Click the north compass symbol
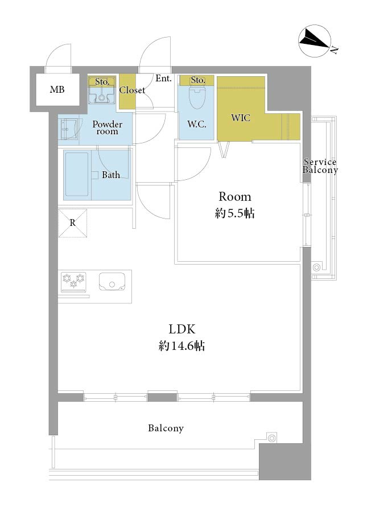click(315, 42)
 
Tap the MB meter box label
click(57, 89)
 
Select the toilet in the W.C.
click(197, 97)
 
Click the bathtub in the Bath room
click(77, 175)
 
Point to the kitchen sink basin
click(112, 282)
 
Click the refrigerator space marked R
click(73, 223)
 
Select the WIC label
click(241, 118)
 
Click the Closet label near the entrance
click(132, 90)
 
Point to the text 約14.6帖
click(182, 346)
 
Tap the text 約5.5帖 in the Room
click(235, 213)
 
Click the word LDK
click(182, 329)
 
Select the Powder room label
click(108, 127)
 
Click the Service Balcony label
click(320, 166)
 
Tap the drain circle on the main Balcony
click(272, 438)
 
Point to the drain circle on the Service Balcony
click(316, 267)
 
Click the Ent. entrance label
click(164, 79)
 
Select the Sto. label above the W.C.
click(197, 80)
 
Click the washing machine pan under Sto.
click(102, 94)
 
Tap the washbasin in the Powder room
click(68, 129)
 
